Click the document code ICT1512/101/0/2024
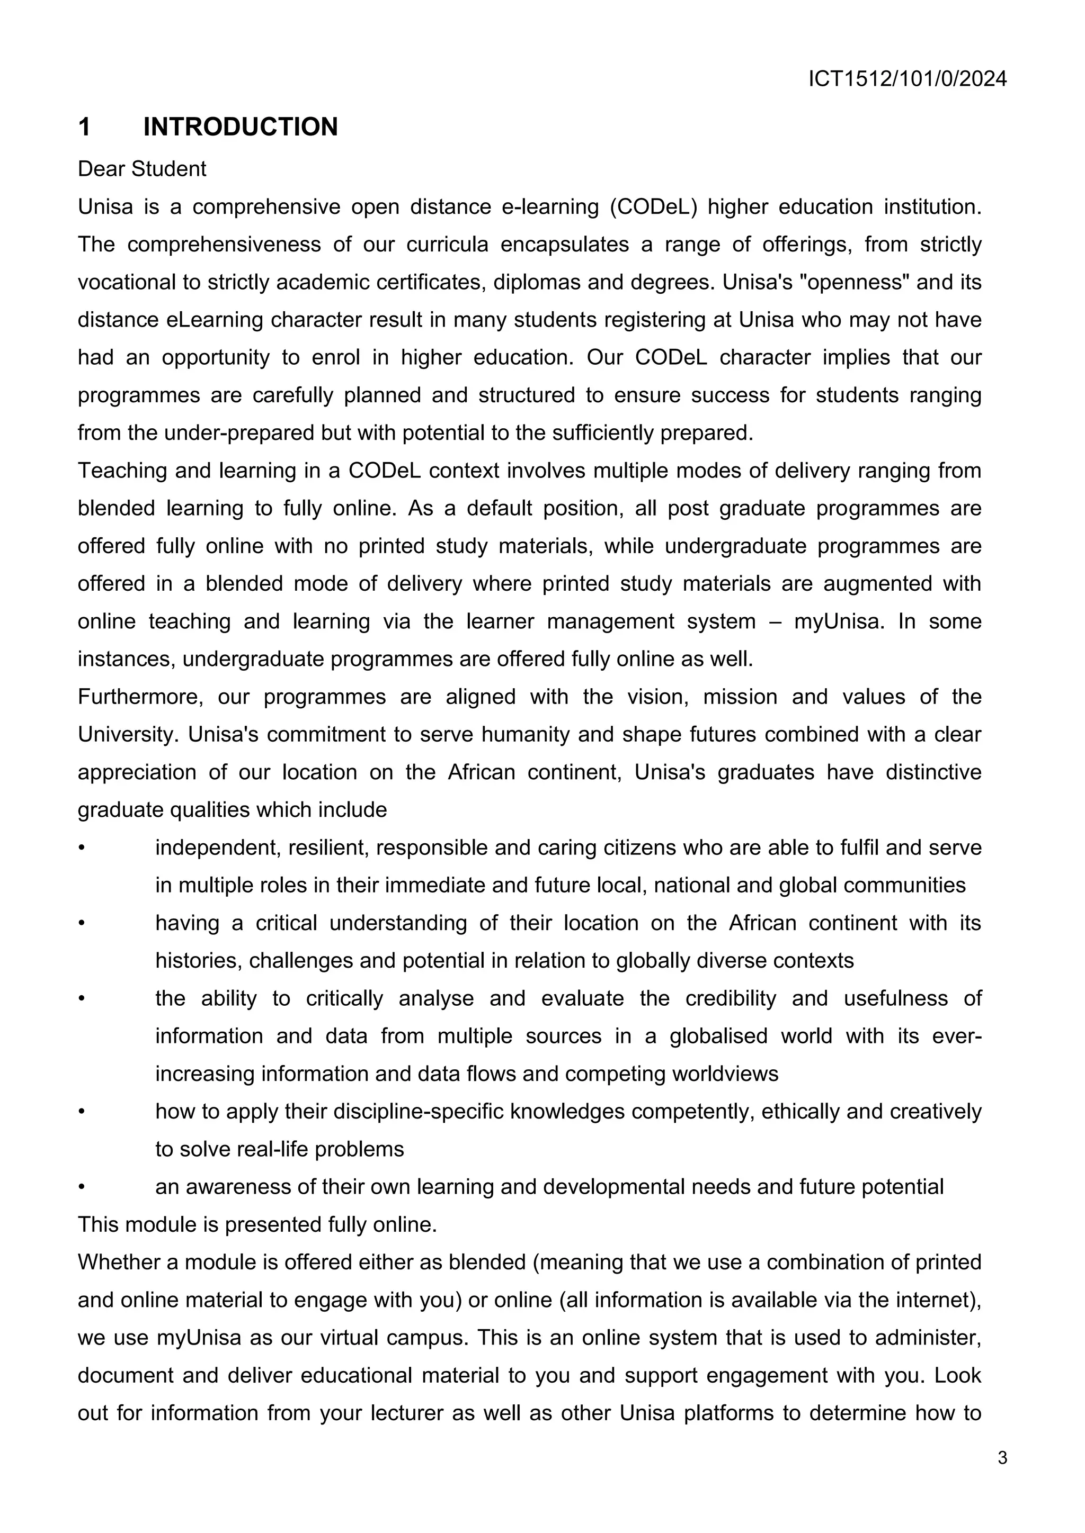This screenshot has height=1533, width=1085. (908, 79)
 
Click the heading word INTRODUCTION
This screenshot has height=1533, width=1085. (241, 127)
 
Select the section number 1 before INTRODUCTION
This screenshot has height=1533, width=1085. (84, 127)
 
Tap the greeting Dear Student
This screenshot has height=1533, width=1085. (141, 169)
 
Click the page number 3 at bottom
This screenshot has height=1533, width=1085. (1002, 1457)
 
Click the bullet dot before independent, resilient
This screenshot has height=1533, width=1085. (82, 848)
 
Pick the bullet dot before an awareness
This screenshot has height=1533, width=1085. (82, 1187)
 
